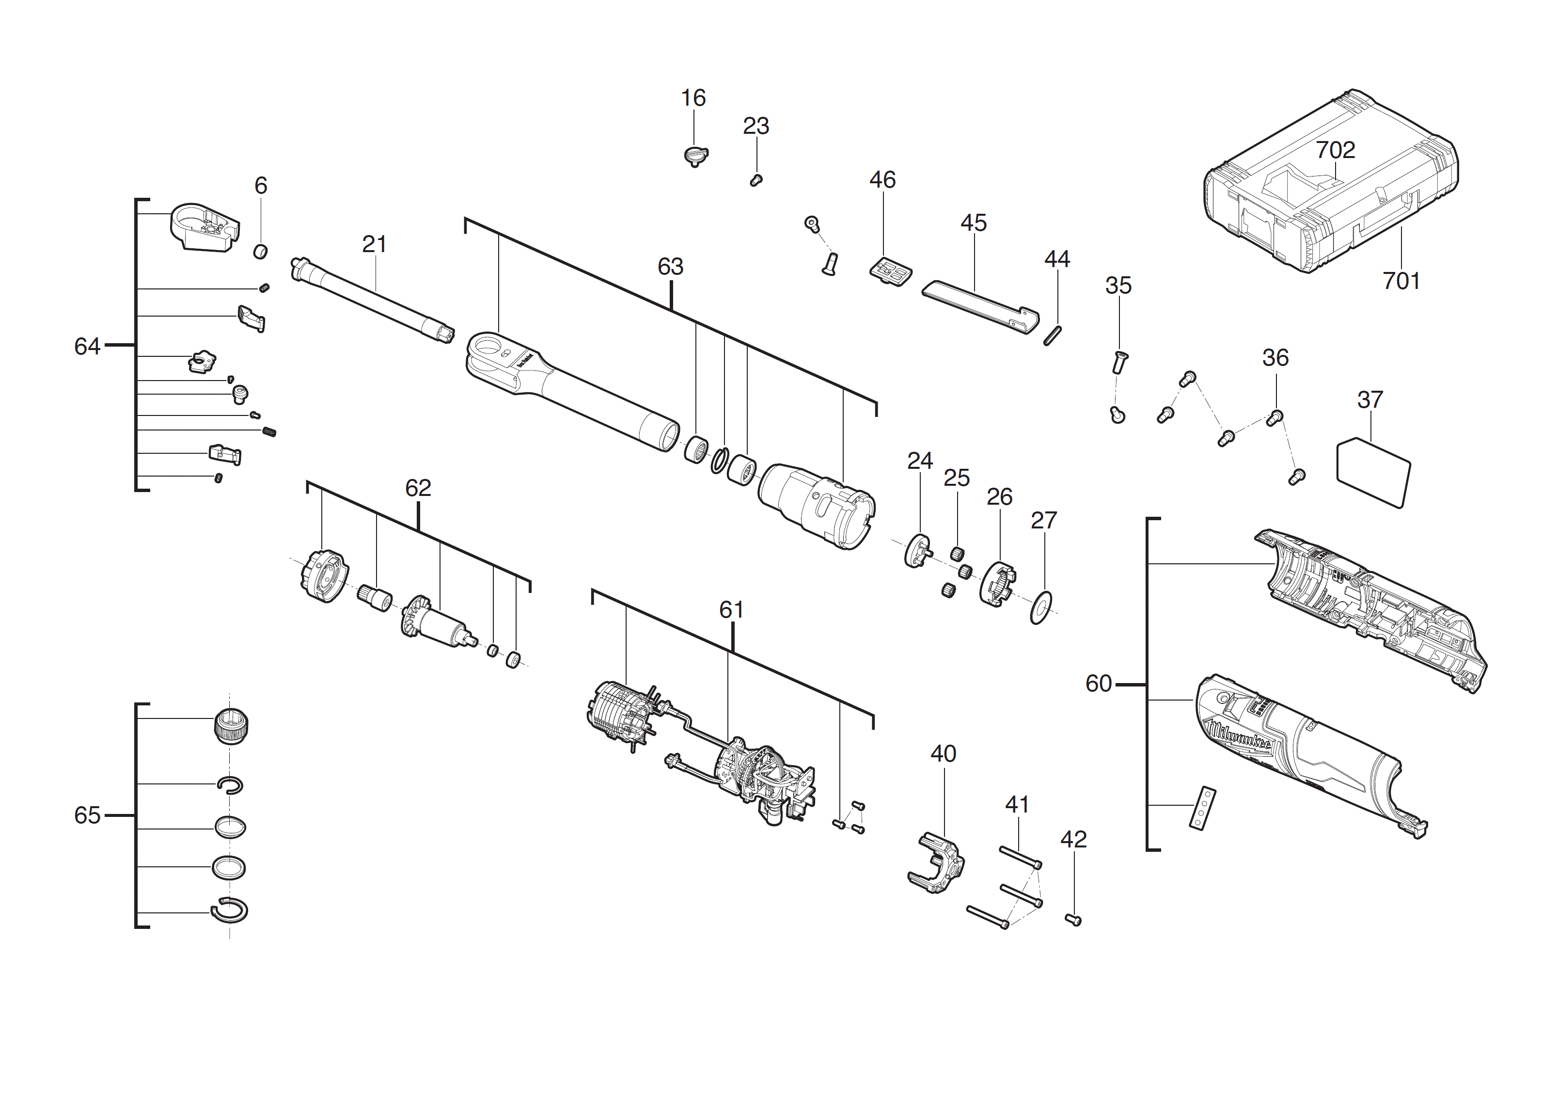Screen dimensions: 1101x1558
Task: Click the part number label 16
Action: [x=693, y=98]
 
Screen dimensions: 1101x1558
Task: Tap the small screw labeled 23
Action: [x=756, y=180]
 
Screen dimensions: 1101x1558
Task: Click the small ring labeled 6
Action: [x=260, y=252]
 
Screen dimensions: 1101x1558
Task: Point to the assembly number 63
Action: [x=670, y=267]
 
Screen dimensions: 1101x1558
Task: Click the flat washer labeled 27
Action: [x=1040, y=607]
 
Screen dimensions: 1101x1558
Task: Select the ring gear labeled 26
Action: [x=997, y=584]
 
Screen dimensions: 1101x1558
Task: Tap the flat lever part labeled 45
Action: [x=977, y=305]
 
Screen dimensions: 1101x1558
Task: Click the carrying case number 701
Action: [x=1401, y=280]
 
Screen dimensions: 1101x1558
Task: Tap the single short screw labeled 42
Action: [x=1073, y=920]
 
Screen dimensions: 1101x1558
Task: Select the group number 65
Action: [x=87, y=814]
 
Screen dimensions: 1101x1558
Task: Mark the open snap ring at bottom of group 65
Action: [x=229, y=910]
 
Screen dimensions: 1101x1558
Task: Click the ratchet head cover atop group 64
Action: [x=202, y=227]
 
